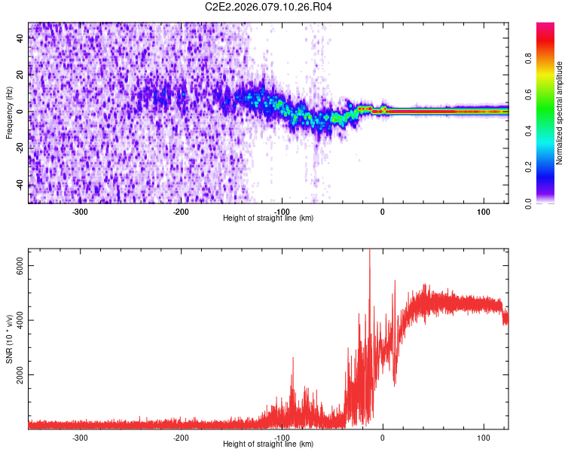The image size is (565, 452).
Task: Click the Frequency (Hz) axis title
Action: click(8, 113)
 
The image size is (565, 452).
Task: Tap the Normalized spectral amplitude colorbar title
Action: click(560, 113)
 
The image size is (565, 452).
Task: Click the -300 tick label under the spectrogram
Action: click(80, 212)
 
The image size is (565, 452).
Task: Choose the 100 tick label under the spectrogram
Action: click(483, 212)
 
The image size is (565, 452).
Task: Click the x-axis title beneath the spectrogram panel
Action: click(268, 218)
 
